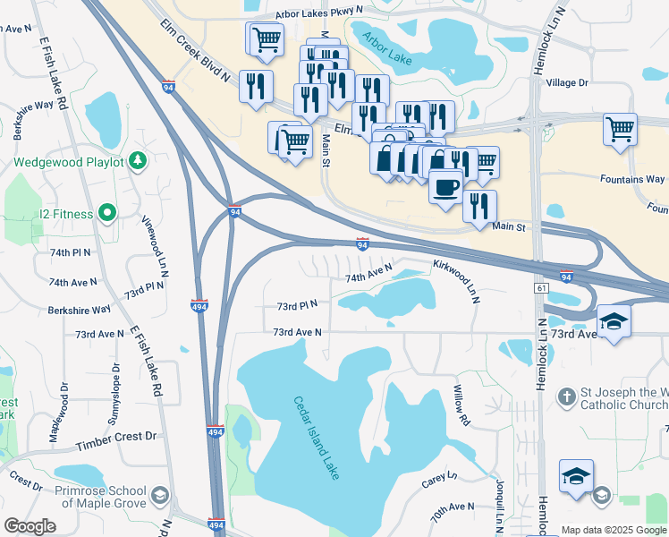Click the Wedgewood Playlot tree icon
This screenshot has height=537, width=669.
pos(138,161)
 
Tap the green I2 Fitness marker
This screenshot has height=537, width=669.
pos(107,213)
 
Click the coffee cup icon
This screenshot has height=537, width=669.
pos(445,188)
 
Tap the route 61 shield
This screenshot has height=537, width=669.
pos(542,287)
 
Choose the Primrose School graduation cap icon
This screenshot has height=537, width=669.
pos(159,496)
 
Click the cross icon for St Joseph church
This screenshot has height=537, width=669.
pos(565,396)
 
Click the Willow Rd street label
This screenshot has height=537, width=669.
pos(461,405)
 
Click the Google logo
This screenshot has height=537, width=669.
pos(30,526)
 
